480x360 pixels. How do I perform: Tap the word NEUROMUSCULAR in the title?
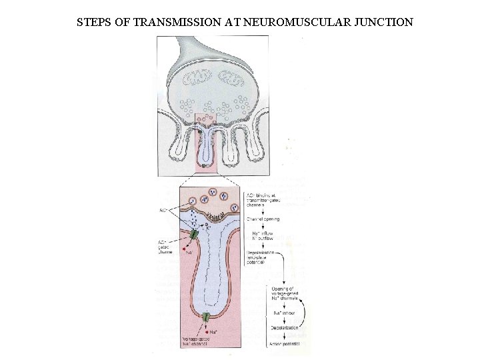click(293, 22)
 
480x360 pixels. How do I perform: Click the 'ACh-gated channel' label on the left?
click(165, 247)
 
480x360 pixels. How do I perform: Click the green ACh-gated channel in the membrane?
click(193, 235)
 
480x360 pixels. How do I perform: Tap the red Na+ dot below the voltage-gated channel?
click(208, 331)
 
